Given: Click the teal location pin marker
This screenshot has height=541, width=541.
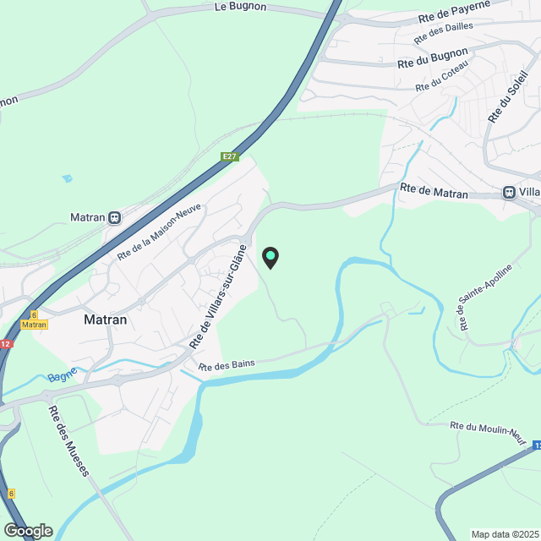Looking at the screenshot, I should point(270,257).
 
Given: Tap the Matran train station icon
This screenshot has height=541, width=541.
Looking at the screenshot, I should point(114,217).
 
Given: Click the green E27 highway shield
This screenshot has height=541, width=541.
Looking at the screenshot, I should point(229,156).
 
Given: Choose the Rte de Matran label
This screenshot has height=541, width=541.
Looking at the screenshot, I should point(434,193).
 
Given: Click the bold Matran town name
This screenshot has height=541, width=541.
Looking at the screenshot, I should point(106,320).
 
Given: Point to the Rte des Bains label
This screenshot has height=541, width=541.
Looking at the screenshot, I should point(227,363).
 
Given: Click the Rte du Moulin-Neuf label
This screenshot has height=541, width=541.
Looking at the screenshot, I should point(489,431).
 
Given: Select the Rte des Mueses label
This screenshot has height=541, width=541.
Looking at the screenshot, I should point(68,440).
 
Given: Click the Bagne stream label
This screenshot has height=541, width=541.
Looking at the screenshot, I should point(62,377).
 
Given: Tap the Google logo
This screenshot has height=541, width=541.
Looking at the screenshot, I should point(27,531).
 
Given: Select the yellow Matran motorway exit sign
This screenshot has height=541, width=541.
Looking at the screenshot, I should point(34,325).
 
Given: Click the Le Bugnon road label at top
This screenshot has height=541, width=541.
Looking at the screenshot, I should point(241,7).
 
